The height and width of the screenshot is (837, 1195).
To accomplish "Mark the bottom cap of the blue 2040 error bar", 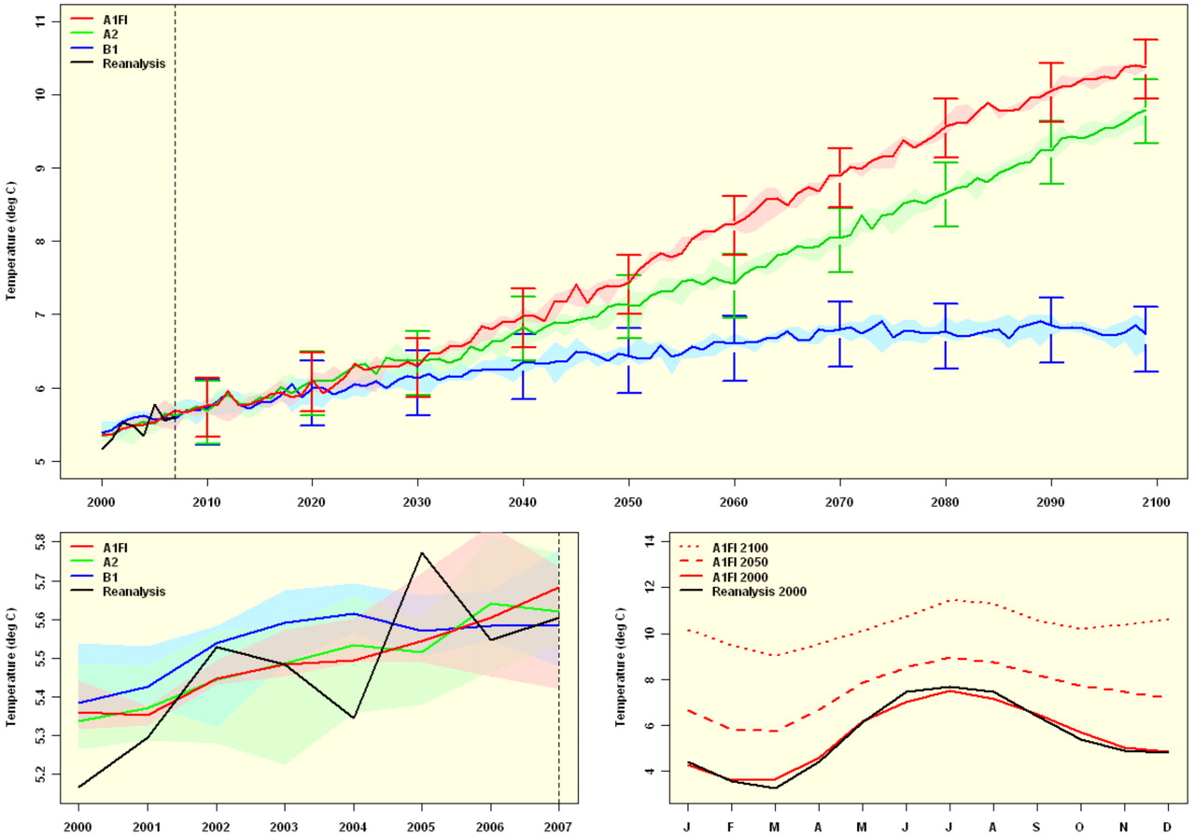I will [523, 398].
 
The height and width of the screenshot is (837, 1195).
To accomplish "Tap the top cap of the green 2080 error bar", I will [946, 162].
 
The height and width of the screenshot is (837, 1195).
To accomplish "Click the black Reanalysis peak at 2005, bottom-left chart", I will [422, 552].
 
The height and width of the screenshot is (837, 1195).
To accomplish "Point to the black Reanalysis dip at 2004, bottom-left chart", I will [353, 717].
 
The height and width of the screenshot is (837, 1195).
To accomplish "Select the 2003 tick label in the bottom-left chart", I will [285, 827].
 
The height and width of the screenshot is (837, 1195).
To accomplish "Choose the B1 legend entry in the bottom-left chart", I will [110, 577].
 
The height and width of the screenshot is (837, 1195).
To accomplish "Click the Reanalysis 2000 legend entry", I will [758, 591].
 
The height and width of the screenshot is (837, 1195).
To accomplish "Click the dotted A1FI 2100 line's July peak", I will [949, 600].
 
